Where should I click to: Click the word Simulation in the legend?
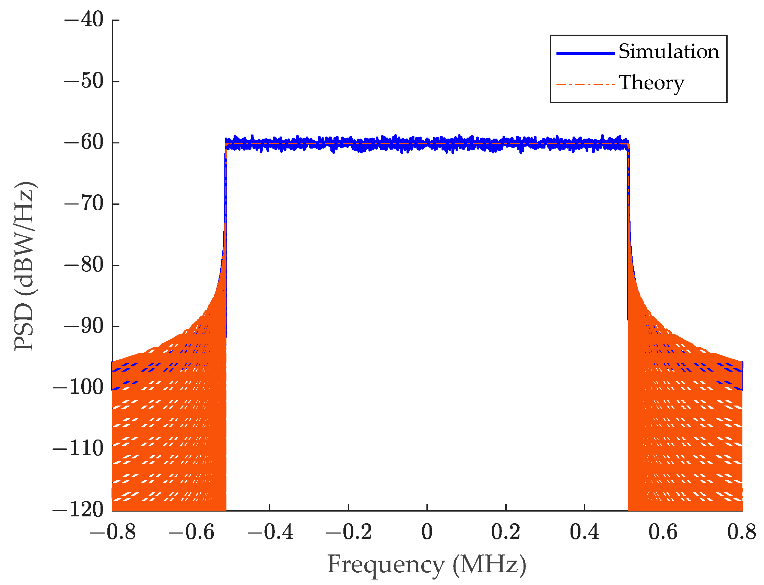(668, 51)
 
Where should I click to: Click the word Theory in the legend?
(651, 83)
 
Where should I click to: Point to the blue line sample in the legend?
(585, 53)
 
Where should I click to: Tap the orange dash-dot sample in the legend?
(585, 84)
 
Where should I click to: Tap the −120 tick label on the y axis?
(78, 510)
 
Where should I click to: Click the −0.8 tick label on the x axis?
(112, 533)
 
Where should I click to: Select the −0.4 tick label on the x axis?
(270, 533)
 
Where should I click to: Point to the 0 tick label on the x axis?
(427, 533)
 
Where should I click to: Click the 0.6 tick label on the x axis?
(663, 533)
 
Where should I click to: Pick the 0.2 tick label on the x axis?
(506, 533)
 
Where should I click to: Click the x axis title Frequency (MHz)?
(426, 564)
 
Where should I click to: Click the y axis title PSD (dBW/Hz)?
(24, 266)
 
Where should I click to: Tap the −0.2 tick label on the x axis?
(348, 533)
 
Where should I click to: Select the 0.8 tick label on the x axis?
(741, 533)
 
